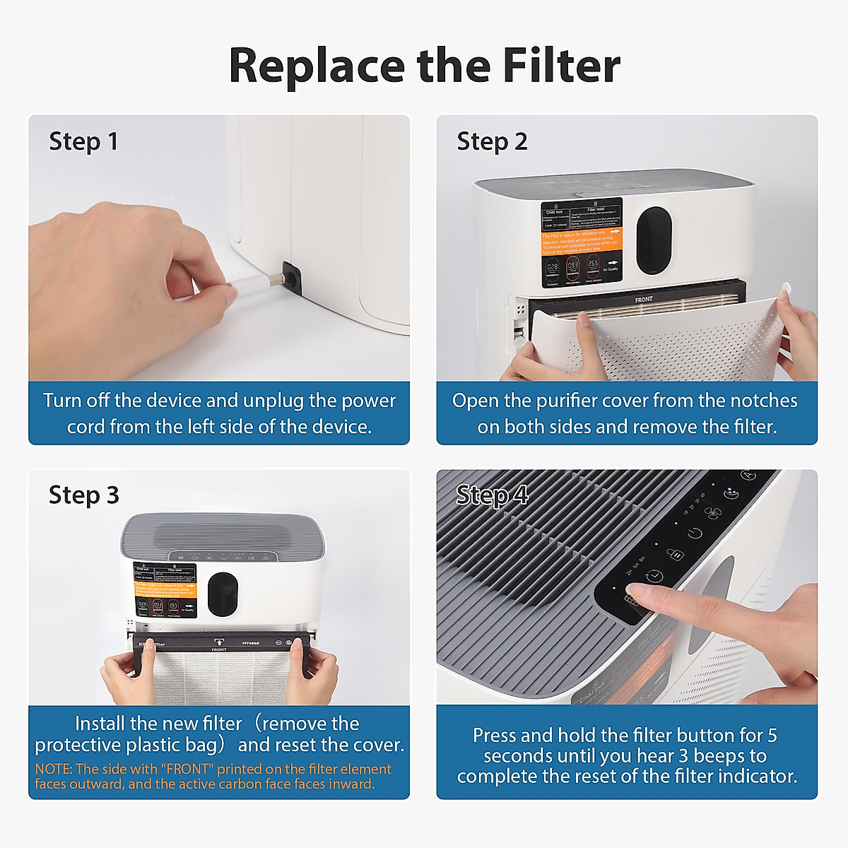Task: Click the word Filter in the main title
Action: pos(561,65)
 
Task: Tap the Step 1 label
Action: pos(83,141)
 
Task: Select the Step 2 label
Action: pos(492,141)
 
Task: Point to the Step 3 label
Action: pos(83,495)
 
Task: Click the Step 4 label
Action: pos(492,495)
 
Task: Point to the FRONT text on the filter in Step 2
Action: pos(644,300)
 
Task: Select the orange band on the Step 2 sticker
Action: pos(581,241)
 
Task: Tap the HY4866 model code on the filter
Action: pos(251,643)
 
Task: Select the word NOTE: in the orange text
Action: pos(54,769)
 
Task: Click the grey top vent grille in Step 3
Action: pos(223,534)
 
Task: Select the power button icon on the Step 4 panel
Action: pos(695,533)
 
